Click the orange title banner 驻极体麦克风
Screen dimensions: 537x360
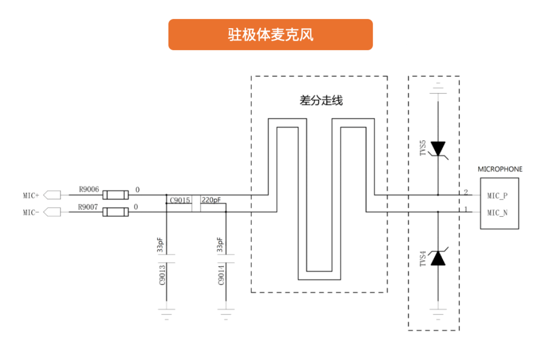[x=270, y=35]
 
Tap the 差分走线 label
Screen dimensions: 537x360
[x=321, y=101]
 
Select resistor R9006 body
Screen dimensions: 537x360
[x=116, y=195]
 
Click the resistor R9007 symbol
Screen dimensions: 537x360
[x=116, y=212]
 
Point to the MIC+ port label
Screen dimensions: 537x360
[x=31, y=195]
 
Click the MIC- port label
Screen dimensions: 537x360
[x=31, y=213]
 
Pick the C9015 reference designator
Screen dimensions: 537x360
[x=180, y=201]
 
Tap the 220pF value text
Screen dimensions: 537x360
[x=211, y=200]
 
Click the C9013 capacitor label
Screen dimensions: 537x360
[x=162, y=275]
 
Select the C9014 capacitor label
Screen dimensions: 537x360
[x=221, y=275]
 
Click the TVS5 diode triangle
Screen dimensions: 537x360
[x=438, y=149]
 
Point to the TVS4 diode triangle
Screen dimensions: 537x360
[x=438, y=258]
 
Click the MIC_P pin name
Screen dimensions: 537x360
[x=497, y=196]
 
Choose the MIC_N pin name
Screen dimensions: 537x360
[x=497, y=213]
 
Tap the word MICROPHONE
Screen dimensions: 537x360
[x=500, y=169]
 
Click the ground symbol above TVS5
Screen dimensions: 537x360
[x=438, y=88]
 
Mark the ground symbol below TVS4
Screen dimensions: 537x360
[x=438, y=315]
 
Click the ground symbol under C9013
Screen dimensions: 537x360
[x=166, y=315]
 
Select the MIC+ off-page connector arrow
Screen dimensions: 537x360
[x=52, y=195]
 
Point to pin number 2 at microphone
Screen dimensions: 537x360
[x=466, y=192]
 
